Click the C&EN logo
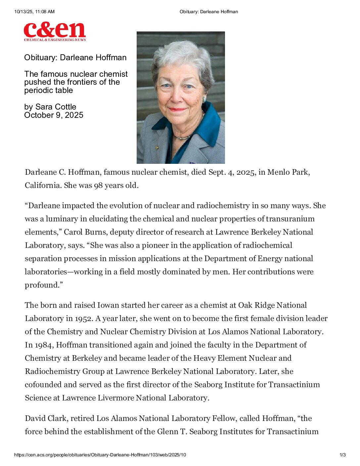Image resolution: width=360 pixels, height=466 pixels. [x=55, y=31]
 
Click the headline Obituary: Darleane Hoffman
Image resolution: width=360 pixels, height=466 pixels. [x=75, y=58]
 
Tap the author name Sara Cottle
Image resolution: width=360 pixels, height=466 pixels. [x=56, y=107]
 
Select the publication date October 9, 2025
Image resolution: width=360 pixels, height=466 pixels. [x=54, y=115]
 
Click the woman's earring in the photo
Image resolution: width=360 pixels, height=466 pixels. [x=204, y=99]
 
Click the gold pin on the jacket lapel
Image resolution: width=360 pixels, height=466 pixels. [x=157, y=148]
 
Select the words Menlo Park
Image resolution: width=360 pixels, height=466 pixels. [x=288, y=172]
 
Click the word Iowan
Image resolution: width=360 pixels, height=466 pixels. [x=108, y=305]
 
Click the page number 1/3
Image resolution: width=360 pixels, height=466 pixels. [x=342, y=455]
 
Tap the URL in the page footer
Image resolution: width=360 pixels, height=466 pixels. [x=100, y=455]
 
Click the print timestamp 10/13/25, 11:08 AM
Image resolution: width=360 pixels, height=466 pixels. [x=34, y=12]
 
